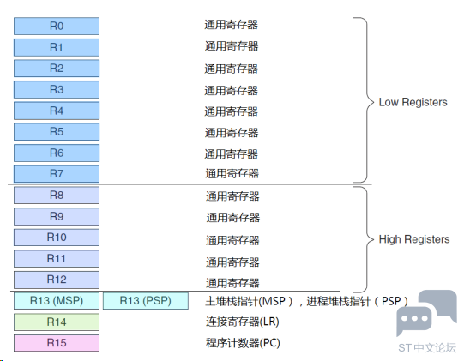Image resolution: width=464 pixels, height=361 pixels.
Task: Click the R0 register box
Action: tap(57, 26)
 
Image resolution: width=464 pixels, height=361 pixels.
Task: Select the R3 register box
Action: tap(57, 90)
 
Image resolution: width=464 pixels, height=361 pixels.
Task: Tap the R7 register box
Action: tap(57, 174)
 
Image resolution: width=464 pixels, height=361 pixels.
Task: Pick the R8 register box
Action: tap(57, 196)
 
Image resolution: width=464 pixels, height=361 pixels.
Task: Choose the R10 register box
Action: tap(57, 238)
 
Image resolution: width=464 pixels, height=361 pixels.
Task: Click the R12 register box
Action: tap(57, 280)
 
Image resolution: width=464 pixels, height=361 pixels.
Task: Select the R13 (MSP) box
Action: tap(57, 301)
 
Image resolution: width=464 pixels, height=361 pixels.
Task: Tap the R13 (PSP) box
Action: tap(146, 301)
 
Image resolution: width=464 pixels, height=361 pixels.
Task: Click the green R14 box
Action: tap(57, 322)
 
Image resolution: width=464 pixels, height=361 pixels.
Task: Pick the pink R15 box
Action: tap(57, 343)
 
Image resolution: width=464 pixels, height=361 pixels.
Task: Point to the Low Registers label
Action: tap(413, 102)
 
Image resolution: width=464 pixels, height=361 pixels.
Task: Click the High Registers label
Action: tap(414, 239)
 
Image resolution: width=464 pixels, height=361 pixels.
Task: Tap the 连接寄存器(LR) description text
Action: tap(243, 322)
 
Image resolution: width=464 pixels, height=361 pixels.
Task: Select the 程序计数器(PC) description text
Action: tap(243, 343)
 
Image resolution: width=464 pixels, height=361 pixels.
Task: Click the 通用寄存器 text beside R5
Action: tap(232, 133)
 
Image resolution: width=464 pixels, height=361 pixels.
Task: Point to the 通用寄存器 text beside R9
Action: tap(233, 218)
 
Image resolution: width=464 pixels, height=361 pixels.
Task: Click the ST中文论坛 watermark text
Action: tap(427, 348)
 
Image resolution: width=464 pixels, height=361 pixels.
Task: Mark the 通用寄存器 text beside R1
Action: tap(232, 46)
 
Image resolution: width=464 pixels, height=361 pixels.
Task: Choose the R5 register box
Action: tap(57, 132)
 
